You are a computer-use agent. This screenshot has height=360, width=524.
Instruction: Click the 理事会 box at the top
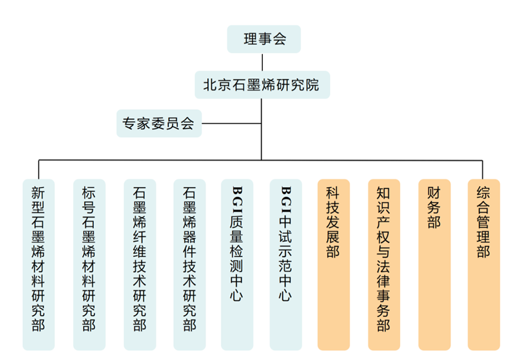pyautogui.click(x=264, y=40)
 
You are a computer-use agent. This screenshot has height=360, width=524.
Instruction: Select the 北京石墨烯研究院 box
pyautogui.click(x=262, y=85)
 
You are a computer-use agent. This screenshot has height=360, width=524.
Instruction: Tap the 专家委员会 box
pyautogui.click(x=158, y=123)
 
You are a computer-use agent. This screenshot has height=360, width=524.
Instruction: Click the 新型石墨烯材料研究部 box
pyautogui.click(x=39, y=264)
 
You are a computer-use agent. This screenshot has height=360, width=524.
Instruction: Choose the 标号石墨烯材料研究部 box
pyautogui.click(x=89, y=264)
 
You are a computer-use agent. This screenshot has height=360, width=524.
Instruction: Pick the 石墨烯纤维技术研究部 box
pyautogui.click(x=139, y=264)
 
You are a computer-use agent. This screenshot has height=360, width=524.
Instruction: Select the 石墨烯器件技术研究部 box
pyautogui.click(x=190, y=264)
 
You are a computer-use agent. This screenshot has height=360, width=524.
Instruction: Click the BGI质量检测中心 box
pyautogui.click(x=237, y=264)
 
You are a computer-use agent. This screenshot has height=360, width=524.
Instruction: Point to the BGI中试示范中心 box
pyautogui.click(x=285, y=264)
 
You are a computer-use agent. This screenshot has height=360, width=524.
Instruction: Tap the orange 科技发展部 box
pyautogui.click(x=334, y=264)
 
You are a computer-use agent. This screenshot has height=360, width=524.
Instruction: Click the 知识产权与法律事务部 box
pyautogui.click(x=383, y=264)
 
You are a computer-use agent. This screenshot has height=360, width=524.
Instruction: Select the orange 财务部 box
pyautogui.click(x=434, y=264)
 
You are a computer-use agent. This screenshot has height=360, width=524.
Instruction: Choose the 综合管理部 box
pyautogui.click(x=483, y=264)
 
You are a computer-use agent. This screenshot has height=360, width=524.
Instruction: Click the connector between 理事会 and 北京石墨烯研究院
pyautogui.click(x=262, y=62)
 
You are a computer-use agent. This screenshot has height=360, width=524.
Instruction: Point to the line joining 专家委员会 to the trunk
pyautogui.click(x=231, y=124)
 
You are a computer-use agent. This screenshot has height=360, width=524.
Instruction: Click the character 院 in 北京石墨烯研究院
pyautogui.click(x=312, y=85)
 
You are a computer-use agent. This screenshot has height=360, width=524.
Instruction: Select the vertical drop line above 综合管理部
pyautogui.click(x=483, y=170)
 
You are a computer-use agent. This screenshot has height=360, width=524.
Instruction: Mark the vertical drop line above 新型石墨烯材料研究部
pyautogui.click(x=39, y=170)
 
